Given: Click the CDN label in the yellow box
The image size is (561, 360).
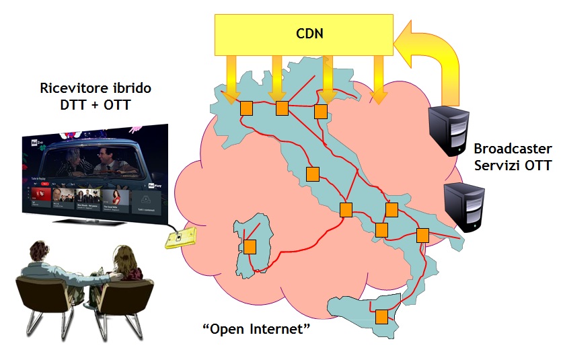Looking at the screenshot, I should (309, 33).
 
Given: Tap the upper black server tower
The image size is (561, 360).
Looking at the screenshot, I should (449, 129).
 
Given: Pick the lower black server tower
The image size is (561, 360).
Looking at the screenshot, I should (464, 207).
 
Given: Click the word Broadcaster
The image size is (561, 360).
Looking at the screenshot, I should (513, 149).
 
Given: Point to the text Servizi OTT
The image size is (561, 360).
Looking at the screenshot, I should (513, 166).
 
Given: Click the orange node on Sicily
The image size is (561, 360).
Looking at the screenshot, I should (382, 316).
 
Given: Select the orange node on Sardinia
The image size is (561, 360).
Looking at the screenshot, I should (250, 247).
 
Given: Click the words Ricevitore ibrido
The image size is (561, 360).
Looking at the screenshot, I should (86, 88).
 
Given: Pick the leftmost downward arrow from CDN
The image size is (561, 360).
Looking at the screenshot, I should (232, 77).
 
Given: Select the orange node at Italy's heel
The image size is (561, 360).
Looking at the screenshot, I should (422, 235).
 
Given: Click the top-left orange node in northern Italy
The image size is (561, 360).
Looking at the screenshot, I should (246, 107).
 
